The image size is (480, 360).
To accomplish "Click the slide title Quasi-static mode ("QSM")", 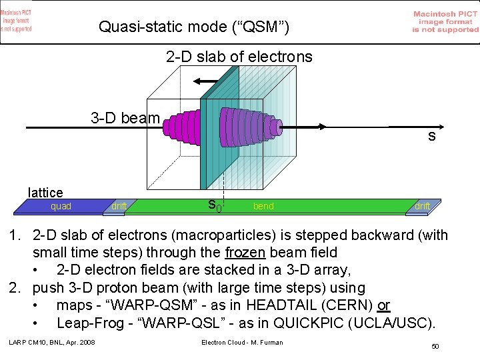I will point(194,27).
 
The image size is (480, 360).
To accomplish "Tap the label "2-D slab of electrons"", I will point(239,57).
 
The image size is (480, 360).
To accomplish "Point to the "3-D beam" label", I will point(125,119).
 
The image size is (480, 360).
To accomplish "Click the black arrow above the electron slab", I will point(206,81).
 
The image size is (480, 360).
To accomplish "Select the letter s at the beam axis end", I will point(432,137).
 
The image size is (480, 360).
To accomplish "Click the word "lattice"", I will point(45,193).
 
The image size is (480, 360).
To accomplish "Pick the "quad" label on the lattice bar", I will point(61,207).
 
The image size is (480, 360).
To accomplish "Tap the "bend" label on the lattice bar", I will point(263,207).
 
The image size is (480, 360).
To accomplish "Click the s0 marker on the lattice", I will point(213,206).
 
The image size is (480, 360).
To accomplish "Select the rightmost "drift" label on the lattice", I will point(421,207).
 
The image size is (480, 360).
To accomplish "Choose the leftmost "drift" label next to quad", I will point(119,207).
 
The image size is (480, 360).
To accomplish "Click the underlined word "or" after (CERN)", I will point(383,305).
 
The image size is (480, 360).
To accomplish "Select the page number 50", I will point(435,347).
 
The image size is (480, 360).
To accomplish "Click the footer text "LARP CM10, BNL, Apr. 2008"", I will point(52,343).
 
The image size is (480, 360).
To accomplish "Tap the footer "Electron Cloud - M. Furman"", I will point(241,343).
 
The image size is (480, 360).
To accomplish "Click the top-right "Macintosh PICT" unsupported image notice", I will point(445,21).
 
